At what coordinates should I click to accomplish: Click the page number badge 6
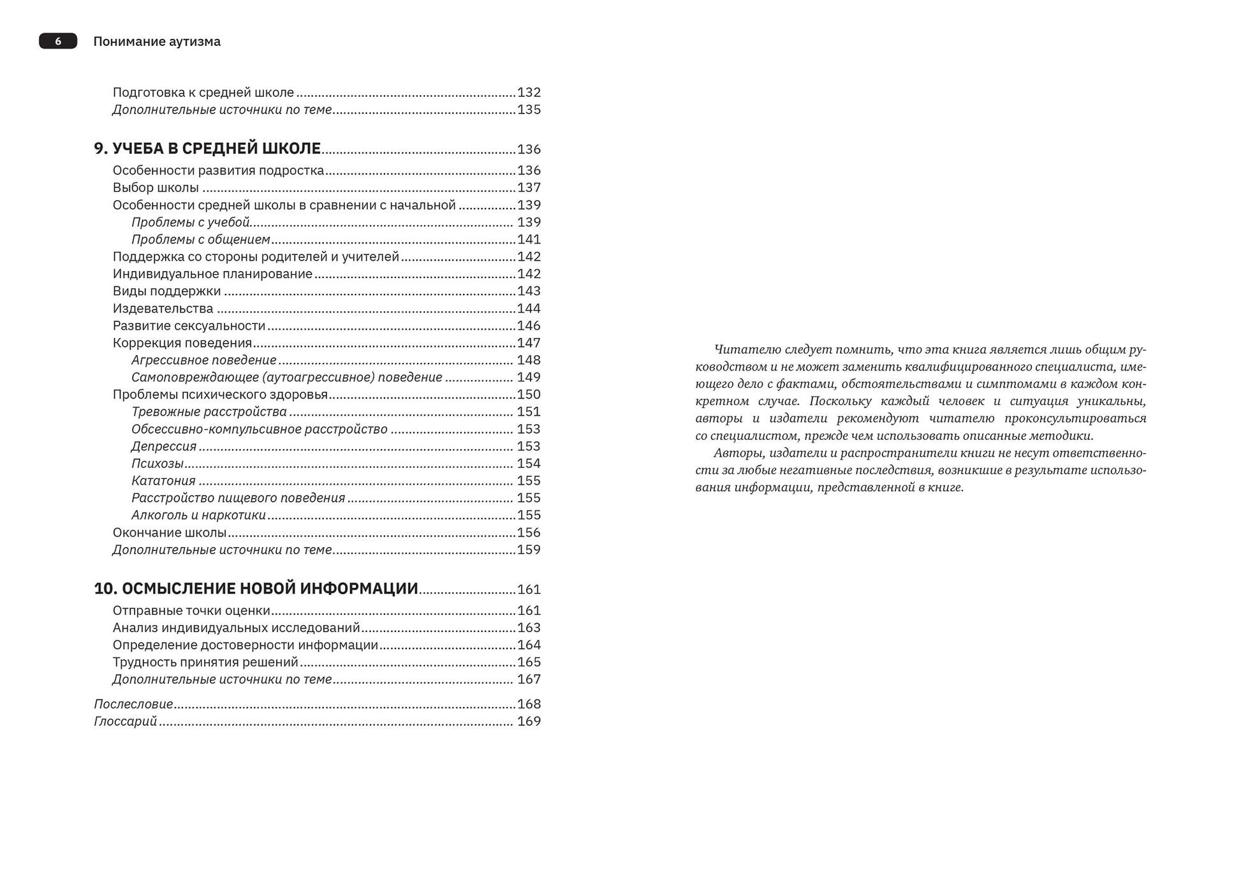[x=58, y=41]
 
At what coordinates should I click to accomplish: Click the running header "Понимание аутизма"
[x=157, y=41]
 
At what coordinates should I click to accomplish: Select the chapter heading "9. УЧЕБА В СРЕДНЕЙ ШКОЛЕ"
[x=207, y=149]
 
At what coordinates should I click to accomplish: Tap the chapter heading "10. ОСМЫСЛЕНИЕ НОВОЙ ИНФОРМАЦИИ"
[x=256, y=589]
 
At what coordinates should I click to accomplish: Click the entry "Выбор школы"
[x=156, y=187]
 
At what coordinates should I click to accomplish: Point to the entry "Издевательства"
[x=163, y=309]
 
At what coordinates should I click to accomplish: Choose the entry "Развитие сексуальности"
[x=189, y=326]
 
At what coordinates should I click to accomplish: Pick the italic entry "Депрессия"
[x=164, y=446]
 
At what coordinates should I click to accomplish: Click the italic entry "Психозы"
[x=158, y=464]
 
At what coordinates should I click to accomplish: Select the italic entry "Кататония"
[x=163, y=481]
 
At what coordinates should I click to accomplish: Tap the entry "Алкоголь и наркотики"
[x=198, y=515]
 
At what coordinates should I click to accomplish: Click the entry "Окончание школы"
[x=170, y=532]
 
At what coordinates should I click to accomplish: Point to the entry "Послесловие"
[x=133, y=704]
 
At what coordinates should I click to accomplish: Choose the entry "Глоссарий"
[x=125, y=721]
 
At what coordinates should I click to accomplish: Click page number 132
[x=529, y=92]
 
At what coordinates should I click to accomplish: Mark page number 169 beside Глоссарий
[x=529, y=721]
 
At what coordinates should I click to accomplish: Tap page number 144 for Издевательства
[x=529, y=309]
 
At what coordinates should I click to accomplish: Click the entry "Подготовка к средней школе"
[x=203, y=92]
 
